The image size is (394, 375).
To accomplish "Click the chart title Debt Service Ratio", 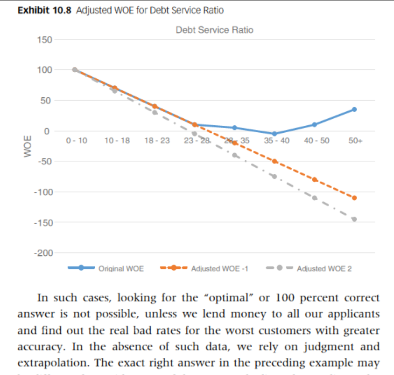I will [x=214, y=30].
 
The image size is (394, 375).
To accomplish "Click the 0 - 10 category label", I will [x=77, y=140].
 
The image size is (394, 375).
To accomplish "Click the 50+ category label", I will [x=354, y=140].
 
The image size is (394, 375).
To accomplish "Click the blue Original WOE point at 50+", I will [x=354, y=109].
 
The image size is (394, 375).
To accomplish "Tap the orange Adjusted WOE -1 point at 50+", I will [x=354, y=198].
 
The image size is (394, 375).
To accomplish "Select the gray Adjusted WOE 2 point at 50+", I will [x=354, y=219].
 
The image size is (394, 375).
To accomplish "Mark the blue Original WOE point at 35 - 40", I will [x=274, y=134].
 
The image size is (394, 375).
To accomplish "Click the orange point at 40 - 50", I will [x=315, y=179].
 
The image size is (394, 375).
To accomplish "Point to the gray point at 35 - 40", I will [x=274, y=176].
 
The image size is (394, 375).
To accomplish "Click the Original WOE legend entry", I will [x=121, y=268].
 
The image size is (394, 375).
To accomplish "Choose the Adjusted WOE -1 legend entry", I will [x=219, y=268].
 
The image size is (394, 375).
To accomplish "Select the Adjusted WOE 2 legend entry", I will [x=324, y=268].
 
